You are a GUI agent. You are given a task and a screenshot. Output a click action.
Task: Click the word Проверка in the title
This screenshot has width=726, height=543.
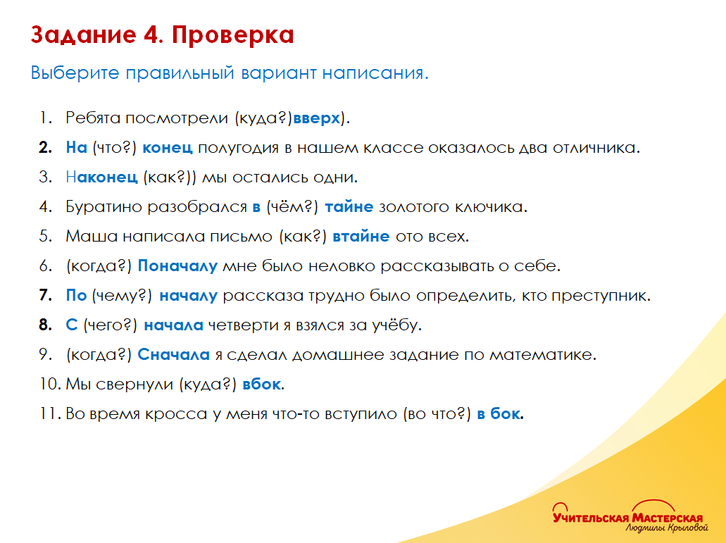(x=232, y=35)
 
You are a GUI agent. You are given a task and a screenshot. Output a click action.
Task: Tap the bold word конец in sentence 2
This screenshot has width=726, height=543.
(x=168, y=148)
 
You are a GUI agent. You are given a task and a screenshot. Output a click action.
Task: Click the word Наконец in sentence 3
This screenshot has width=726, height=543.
(x=101, y=177)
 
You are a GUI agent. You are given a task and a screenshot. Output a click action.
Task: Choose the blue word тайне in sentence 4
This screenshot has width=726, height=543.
(x=349, y=207)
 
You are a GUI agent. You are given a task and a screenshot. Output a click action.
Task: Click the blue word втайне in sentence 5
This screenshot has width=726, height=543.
(x=361, y=237)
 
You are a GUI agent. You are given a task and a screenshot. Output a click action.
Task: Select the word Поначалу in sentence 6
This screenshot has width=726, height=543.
(x=177, y=266)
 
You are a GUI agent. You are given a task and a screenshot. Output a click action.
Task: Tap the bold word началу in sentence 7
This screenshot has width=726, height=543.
(x=188, y=297)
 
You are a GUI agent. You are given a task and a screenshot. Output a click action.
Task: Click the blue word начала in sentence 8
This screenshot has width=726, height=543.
(x=173, y=325)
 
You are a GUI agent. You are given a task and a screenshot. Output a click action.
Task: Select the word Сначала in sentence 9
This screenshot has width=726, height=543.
(x=173, y=355)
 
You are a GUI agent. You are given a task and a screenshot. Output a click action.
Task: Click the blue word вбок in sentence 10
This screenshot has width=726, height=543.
(x=262, y=385)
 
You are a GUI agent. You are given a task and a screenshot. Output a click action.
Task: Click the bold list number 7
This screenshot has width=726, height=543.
(x=45, y=297)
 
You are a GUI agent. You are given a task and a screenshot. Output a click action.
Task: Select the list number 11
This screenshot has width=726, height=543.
(x=49, y=414)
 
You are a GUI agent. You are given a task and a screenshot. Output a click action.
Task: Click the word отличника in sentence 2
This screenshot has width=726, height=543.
(x=592, y=148)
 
